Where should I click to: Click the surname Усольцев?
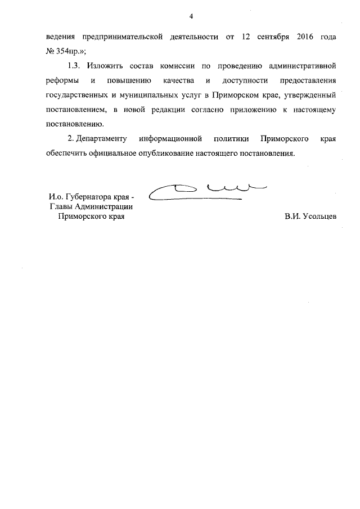coord(310,217)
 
